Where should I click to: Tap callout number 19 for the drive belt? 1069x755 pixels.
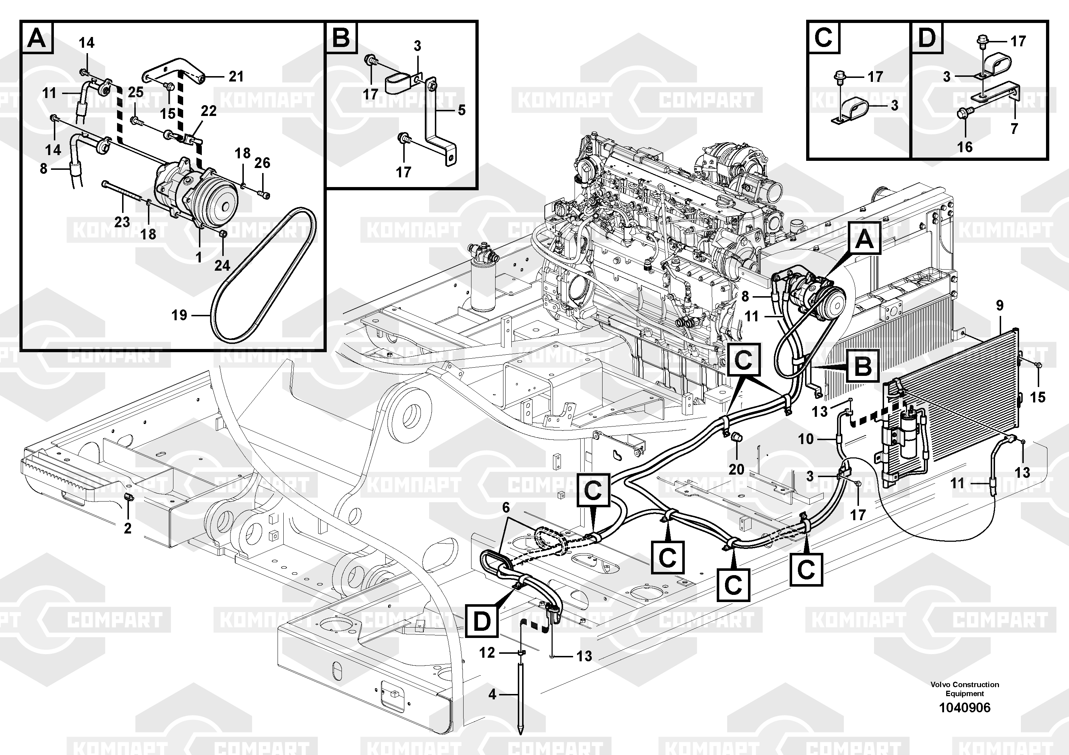[x=179, y=315]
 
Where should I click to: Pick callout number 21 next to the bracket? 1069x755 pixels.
[x=236, y=76]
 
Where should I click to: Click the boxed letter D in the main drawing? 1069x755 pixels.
[x=482, y=621]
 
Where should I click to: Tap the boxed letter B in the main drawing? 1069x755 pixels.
[x=863, y=366]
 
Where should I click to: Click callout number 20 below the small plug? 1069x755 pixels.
[x=736, y=469]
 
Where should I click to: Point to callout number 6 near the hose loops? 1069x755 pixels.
[x=506, y=507]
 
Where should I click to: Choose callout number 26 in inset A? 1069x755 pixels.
[x=262, y=163]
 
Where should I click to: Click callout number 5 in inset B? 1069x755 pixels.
[x=461, y=110]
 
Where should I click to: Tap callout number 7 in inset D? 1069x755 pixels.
[x=1014, y=129]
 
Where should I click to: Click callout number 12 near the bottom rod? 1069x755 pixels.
[x=487, y=653]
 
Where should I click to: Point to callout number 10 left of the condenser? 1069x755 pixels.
[x=806, y=439]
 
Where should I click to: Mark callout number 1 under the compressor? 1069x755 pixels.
[x=199, y=257]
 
